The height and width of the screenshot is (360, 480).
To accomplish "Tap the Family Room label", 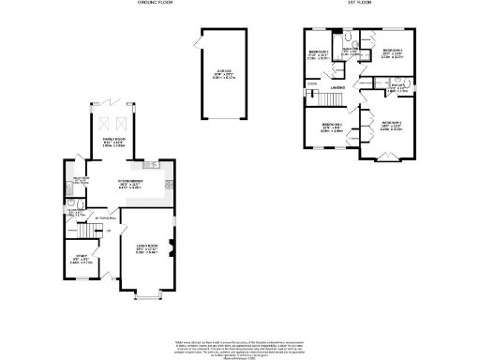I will click(x=114, y=142).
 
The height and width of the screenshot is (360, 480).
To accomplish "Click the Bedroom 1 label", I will click(x=391, y=127).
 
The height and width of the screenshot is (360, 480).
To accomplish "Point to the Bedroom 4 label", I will click(x=318, y=55).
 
